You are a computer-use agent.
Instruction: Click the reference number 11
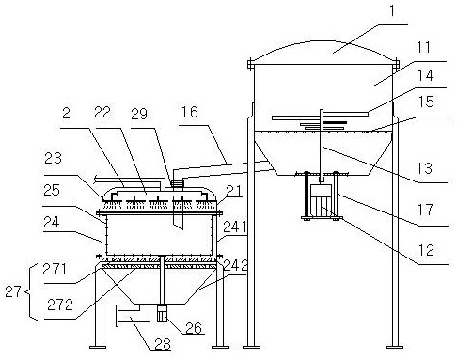pyautogui.click(x=423, y=48)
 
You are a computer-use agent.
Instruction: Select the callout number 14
pyautogui.click(x=425, y=76)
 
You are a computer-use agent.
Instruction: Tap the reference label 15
pyautogui.click(x=426, y=102)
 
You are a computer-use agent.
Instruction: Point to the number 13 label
pyautogui.click(x=425, y=168)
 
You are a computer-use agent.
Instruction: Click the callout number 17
pyautogui.click(x=425, y=210)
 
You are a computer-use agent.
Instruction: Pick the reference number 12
pyautogui.click(x=426, y=250)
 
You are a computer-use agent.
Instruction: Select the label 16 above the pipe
pyautogui.click(x=190, y=112)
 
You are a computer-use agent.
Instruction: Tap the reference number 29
pyautogui.click(x=139, y=115)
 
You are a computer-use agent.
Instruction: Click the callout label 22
pyautogui.click(x=102, y=113)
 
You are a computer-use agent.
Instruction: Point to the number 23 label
pyautogui.click(x=53, y=159)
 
